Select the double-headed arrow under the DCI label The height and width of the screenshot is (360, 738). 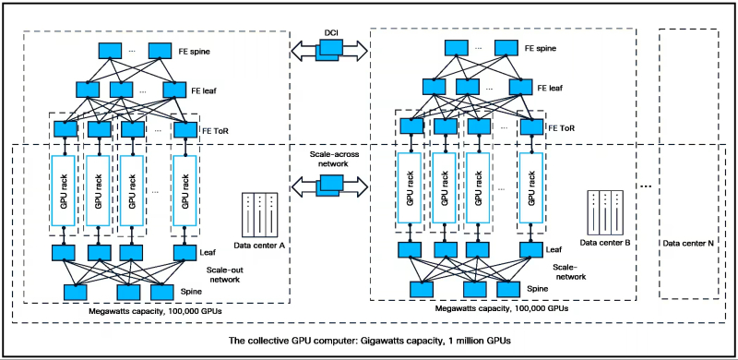[x=328, y=51]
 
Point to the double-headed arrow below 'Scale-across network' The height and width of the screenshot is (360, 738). [x=328, y=187]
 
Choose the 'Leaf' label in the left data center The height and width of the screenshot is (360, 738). [x=208, y=249]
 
